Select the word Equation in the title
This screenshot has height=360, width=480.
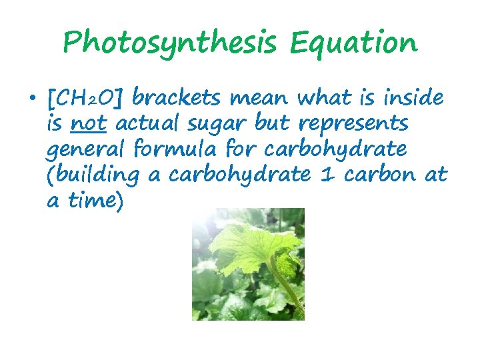(354, 43)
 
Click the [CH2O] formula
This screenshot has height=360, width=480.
(86, 99)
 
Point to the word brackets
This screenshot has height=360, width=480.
(177, 99)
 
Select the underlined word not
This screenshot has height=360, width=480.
(87, 124)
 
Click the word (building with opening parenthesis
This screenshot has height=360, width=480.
(93, 175)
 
